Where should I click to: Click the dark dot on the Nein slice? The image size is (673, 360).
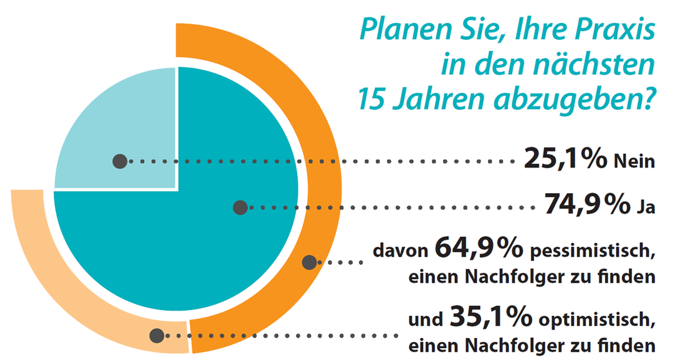pos(120,162)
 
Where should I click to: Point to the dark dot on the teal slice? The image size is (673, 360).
pos(240,207)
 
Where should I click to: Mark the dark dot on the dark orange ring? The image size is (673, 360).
pos(309,262)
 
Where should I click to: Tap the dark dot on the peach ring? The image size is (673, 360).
pos(157,336)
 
